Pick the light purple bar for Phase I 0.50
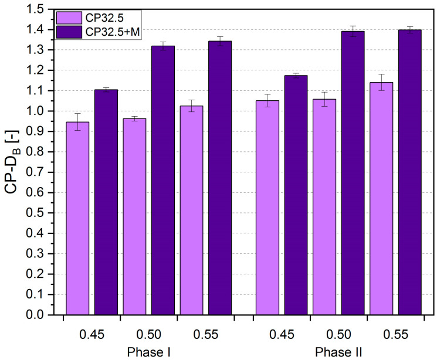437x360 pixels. [134, 216]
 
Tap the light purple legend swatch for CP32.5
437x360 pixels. [69, 18]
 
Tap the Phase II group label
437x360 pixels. [338, 352]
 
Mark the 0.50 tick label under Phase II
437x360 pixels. [338, 335]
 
